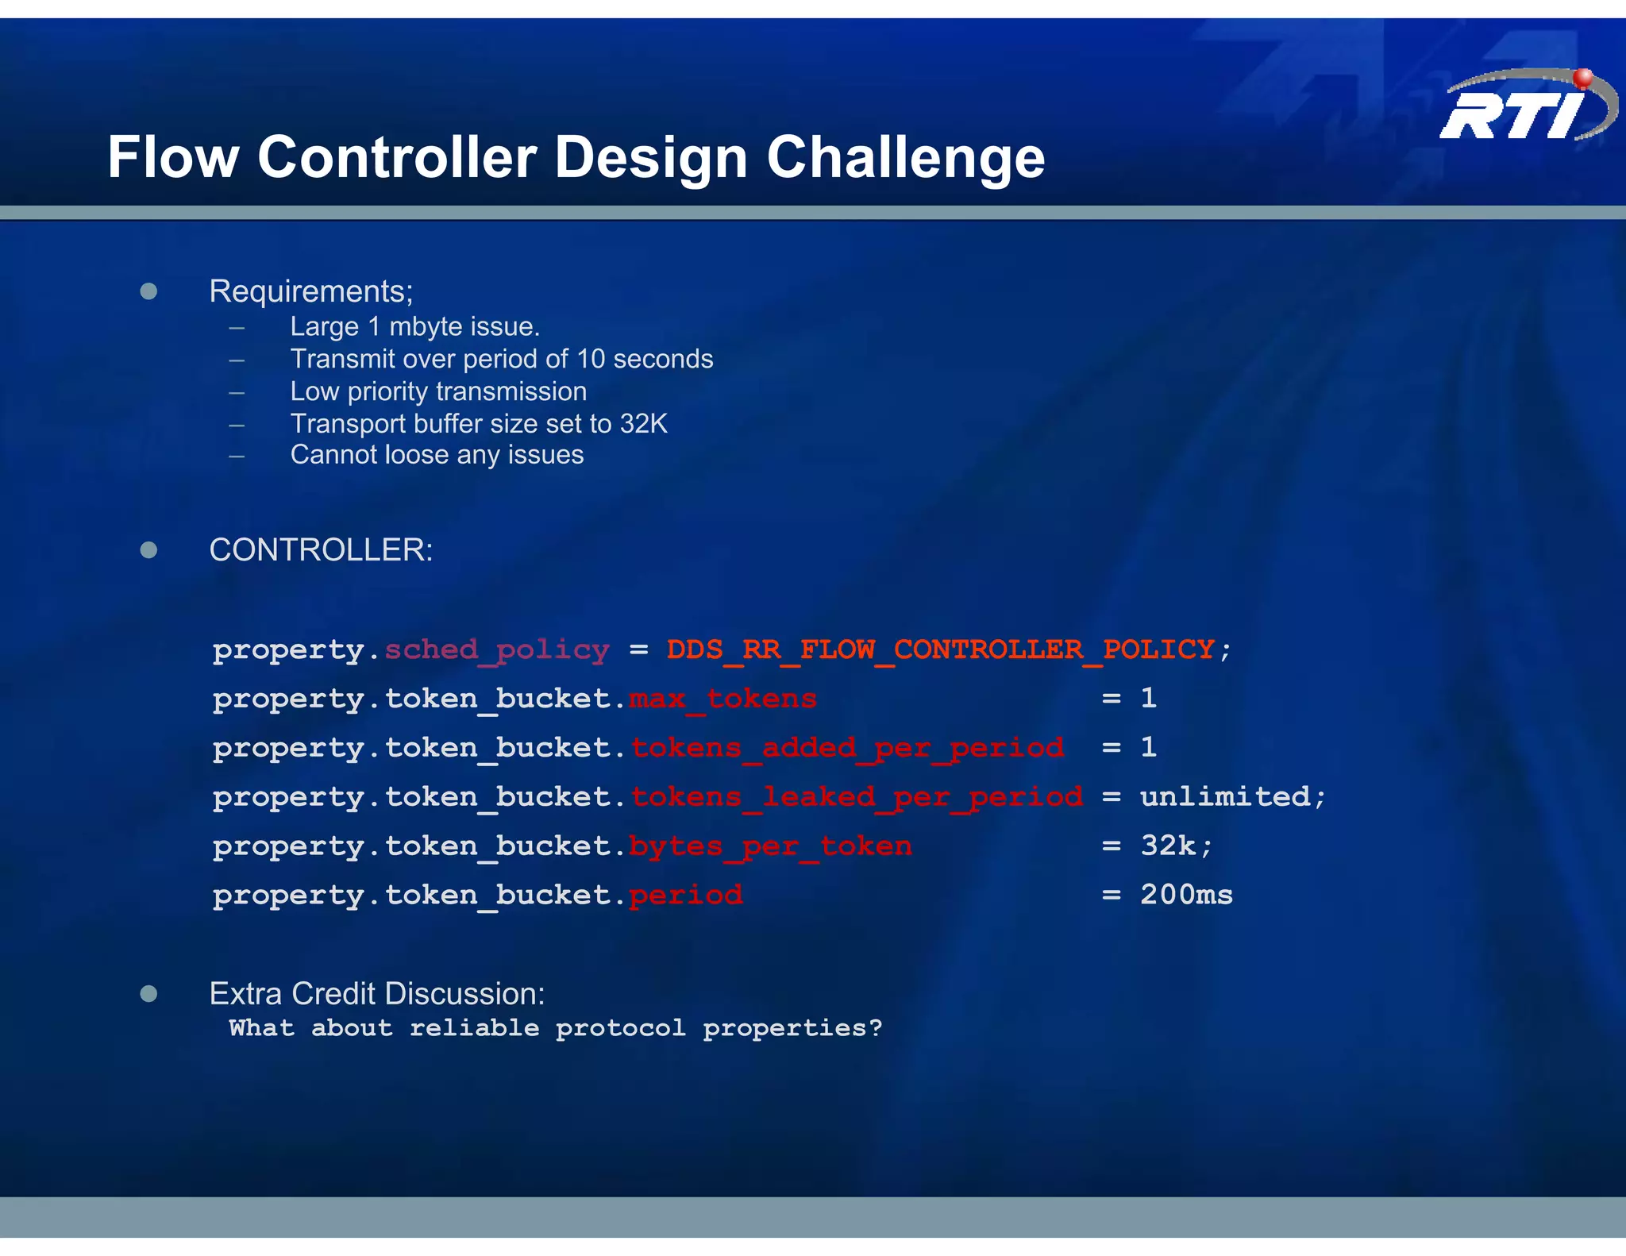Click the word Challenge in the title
(x=905, y=157)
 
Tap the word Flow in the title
(x=173, y=157)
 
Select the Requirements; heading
(x=310, y=291)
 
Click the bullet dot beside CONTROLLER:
(x=148, y=550)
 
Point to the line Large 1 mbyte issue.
(x=414, y=326)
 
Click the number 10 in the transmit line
(x=591, y=359)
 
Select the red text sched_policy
(x=497, y=649)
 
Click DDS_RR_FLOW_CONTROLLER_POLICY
(x=940, y=649)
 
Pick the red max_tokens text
(x=722, y=699)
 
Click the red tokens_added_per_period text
(x=847, y=748)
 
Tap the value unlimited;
(x=1232, y=796)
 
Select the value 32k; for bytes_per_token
(x=1176, y=846)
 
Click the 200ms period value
(x=1186, y=895)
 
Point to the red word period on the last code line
(x=686, y=896)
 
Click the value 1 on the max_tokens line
(x=1148, y=699)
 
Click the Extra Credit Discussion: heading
(x=377, y=994)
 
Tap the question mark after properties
(x=875, y=1028)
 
